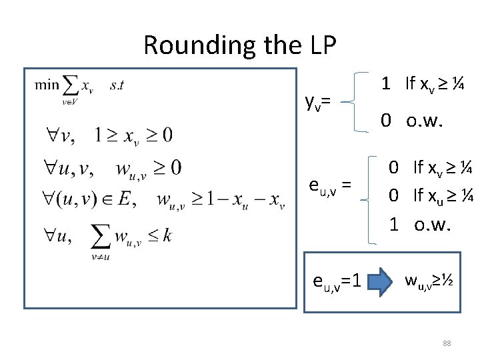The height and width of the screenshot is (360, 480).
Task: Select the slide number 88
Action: (447, 343)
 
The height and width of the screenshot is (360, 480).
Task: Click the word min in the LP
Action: (47, 85)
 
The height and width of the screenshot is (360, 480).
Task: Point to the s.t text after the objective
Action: (117, 85)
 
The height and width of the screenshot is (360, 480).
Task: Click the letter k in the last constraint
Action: (165, 236)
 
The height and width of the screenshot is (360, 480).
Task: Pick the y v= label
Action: (318, 101)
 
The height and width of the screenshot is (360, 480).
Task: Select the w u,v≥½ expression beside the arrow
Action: (429, 280)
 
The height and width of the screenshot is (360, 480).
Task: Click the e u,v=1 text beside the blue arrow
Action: (337, 281)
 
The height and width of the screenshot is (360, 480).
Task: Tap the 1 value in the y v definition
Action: (385, 84)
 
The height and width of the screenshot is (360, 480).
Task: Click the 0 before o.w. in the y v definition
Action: (385, 121)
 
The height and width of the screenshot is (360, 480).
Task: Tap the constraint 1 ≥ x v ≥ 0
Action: (133, 135)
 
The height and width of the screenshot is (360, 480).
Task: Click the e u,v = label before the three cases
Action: (329, 183)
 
